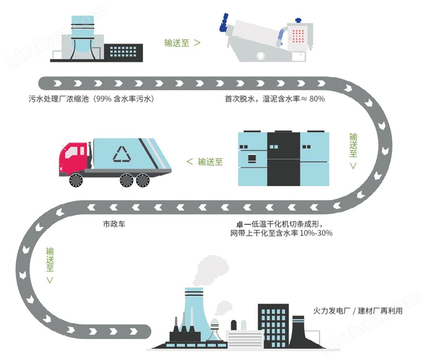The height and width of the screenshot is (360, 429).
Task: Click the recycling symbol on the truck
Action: pyautogui.click(x=122, y=154)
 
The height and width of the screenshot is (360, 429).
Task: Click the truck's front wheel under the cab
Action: pyautogui.click(x=76, y=180)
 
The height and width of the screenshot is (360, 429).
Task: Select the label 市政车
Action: pyautogui.click(x=114, y=225)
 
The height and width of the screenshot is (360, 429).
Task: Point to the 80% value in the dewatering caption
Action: pyautogui.click(x=317, y=99)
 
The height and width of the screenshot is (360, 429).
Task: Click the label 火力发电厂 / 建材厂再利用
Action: pyautogui.click(x=358, y=311)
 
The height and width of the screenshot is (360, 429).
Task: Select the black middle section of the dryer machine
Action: pyautogui.click(x=284, y=159)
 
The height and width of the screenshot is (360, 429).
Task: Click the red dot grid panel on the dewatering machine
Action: pyautogui.click(x=299, y=37)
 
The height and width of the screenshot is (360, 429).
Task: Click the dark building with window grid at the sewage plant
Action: pyautogui.click(x=123, y=51)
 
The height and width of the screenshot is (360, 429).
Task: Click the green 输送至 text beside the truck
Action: pyautogui.click(x=210, y=162)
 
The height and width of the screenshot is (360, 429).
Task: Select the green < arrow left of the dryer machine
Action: pyautogui.click(x=190, y=162)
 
